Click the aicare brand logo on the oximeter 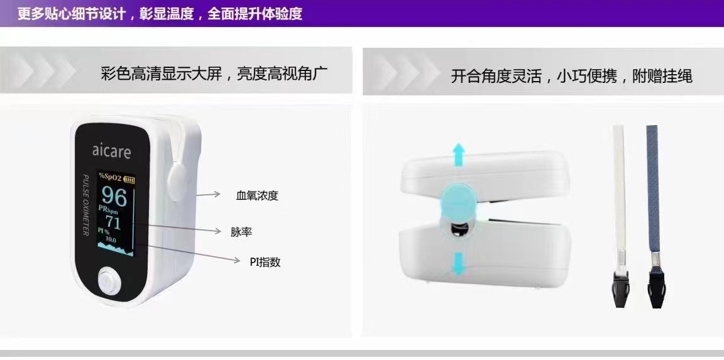click(x=111, y=150)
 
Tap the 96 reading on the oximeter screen click(x=114, y=196)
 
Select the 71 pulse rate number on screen click(x=113, y=222)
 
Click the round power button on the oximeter click(x=109, y=283)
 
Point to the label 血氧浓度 click(x=257, y=195)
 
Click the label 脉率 click(x=241, y=232)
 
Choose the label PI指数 click(x=265, y=262)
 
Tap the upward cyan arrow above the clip click(x=458, y=155)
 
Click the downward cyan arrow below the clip click(x=458, y=264)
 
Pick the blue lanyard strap click(x=652, y=189)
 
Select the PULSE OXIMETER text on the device click(x=85, y=205)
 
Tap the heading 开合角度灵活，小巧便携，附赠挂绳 click(x=572, y=75)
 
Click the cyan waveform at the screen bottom click(x=116, y=250)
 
